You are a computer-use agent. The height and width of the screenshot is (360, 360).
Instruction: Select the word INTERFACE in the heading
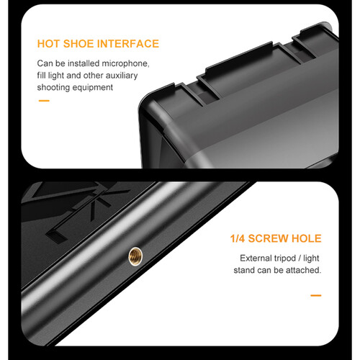[129, 44]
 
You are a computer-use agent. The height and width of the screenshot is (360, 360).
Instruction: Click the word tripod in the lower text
[291, 258]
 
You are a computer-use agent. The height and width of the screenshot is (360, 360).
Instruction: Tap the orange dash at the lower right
[315, 295]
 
